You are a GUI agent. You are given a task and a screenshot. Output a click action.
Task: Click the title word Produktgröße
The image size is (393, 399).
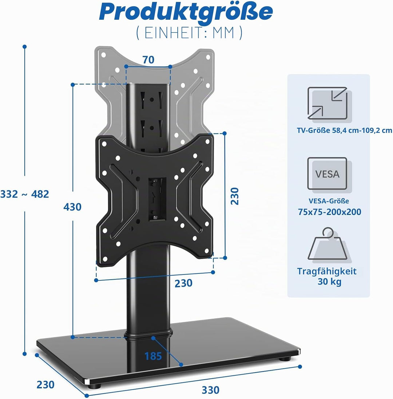click(186, 12)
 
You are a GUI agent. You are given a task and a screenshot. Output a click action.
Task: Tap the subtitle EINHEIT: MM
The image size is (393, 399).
click(189, 33)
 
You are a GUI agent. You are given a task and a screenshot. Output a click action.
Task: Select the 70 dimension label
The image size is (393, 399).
click(148, 60)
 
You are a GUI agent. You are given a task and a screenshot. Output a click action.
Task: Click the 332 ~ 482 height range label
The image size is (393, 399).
click(25, 194)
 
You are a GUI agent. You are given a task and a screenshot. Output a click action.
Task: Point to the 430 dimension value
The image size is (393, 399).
click(72, 207)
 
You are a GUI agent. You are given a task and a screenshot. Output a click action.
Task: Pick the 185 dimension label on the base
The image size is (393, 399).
click(153, 356)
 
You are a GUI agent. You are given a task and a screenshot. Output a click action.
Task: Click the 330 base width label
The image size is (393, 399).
click(210, 390)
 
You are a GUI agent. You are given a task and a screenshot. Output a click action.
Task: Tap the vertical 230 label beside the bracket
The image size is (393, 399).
click(235, 196)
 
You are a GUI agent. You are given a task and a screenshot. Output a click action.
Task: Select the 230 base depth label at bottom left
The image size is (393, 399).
click(45, 384)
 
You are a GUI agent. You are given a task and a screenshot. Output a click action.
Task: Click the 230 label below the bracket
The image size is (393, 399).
click(183, 283)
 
